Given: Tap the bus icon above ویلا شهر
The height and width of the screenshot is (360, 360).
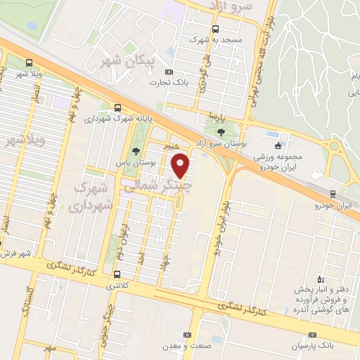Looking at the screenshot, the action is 28,62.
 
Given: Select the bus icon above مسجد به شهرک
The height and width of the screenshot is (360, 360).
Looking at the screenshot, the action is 214,30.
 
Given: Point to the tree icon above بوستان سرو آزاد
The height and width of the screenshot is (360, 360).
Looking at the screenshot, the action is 221,131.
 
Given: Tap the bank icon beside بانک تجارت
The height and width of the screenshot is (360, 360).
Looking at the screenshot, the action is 169,72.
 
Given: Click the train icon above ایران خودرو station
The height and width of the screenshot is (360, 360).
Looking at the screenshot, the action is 333,195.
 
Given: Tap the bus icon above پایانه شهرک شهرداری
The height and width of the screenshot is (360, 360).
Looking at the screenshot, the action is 117,108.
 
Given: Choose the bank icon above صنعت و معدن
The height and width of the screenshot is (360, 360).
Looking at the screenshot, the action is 187,335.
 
